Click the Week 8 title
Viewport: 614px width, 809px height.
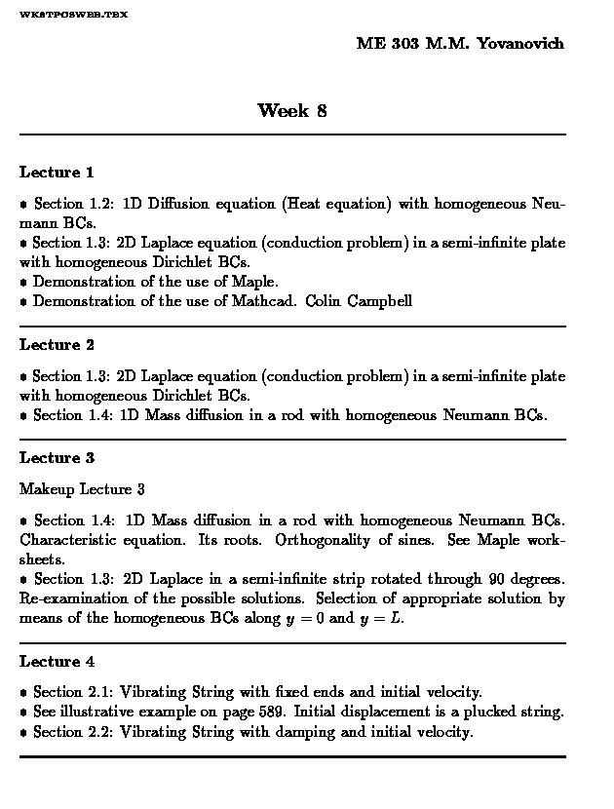[291, 110]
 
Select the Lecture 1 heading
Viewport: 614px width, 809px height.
[57, 173]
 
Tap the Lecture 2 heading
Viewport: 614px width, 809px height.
[57, 345]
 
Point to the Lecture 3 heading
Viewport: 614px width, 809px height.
[57, 458]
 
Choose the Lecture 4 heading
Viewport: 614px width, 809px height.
[57, 662]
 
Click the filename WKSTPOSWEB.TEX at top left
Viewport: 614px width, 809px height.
[73, 15]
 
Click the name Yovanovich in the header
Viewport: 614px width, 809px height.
[519, 44]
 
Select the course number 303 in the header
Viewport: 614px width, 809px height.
[404, 44]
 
